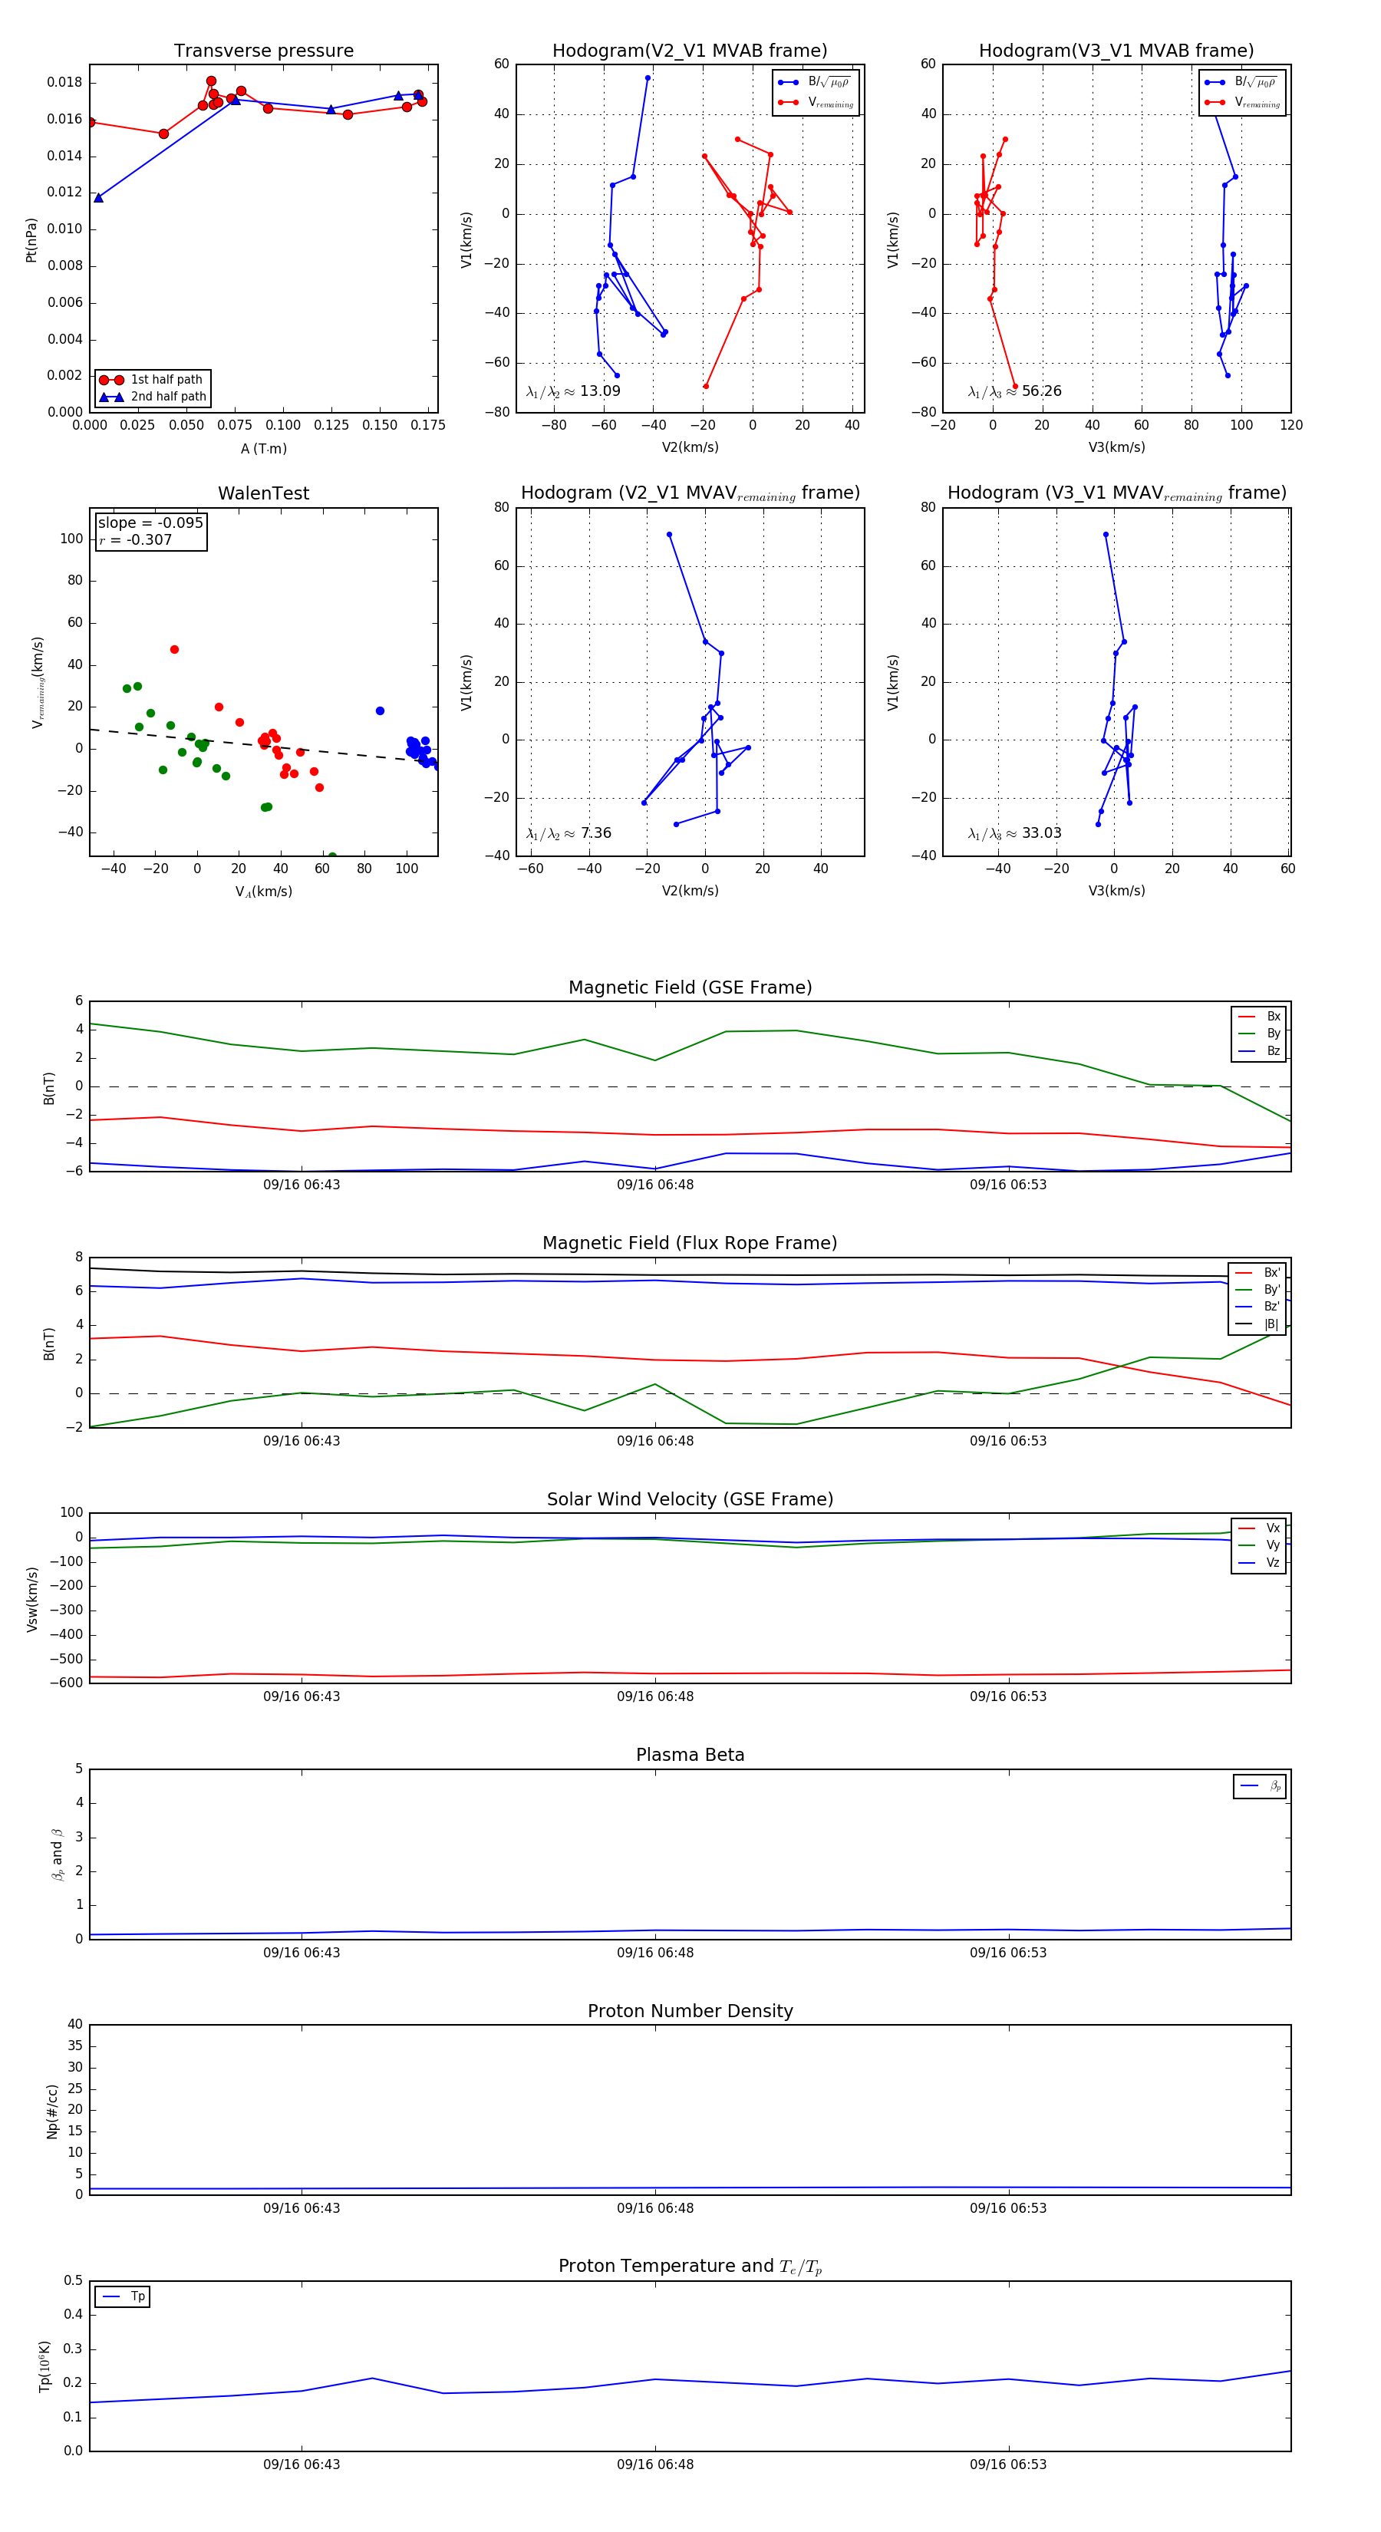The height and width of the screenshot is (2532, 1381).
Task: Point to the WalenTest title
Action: [263, 493]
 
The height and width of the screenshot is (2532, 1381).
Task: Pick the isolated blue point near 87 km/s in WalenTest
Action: [380, 710]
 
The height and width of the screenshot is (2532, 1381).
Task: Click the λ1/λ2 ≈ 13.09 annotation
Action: [573, 391]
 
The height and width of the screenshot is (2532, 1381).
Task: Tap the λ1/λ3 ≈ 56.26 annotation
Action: [1014, 391]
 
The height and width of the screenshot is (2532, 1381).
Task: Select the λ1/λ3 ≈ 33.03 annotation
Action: [1014, 833]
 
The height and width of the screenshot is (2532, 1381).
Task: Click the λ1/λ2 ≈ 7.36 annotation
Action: [568, 833]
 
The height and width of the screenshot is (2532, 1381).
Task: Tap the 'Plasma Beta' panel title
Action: [690, 1755]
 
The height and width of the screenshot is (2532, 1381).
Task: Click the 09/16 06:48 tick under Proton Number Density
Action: [654, 2207]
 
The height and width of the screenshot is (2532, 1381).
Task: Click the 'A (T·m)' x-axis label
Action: [263, 448]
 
